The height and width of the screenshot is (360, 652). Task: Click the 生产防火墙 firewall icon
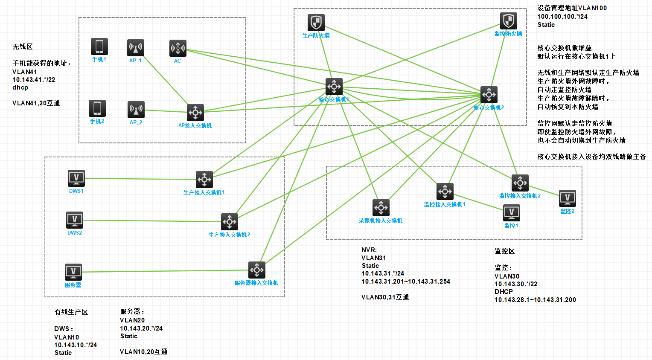[316, 23]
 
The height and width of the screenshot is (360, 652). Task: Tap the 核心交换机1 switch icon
[334, 87]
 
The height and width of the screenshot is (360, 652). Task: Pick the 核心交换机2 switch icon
[489, 95]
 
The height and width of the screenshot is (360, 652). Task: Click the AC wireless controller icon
[178, 48]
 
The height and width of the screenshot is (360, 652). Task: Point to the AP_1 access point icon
[136, 48]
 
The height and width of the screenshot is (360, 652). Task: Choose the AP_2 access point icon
[136, 110]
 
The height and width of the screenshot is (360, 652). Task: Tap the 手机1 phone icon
[99, 46]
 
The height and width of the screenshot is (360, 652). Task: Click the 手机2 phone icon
[97, 108]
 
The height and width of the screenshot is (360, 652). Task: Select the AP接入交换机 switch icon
[195, 113]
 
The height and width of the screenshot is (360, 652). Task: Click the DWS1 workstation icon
[76, 178]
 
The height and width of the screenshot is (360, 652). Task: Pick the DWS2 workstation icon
[75, 220]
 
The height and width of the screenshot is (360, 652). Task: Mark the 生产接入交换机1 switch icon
[204, 180]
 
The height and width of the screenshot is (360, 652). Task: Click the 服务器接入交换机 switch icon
[257, 270]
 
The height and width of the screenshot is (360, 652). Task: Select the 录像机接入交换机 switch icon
[381, 208]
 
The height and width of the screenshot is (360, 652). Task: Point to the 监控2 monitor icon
[568, 198]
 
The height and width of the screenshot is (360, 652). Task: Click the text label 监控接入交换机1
[445, 205]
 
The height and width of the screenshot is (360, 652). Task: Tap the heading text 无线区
[23, 47]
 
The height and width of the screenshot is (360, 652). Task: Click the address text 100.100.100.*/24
[562, 17]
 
